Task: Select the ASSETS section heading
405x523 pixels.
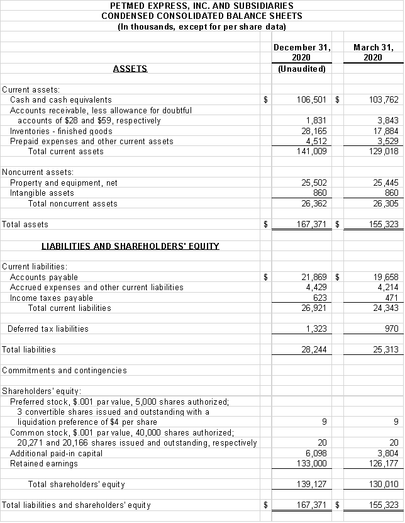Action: pyautogui.click(x=130, y=69)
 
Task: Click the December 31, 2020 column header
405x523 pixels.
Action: pyautogui.click(x=302, y=52)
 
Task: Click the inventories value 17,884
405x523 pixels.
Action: pyautogui.click(x=384, y=131)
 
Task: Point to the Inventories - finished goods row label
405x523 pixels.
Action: pyautogui.click(x=61, y=131)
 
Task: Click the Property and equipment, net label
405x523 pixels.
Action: pyautogui.click(x=64, y=183)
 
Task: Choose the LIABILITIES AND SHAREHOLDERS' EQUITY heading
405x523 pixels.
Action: pyautogui.click(x=130, y=246)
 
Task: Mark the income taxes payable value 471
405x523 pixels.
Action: pyautogui.click(x=389, y=298)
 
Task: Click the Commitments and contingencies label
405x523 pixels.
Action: pyautogui.click(x=64, y=370)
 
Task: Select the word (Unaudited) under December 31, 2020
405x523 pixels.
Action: pyautogui.click(x=302, y=69)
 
